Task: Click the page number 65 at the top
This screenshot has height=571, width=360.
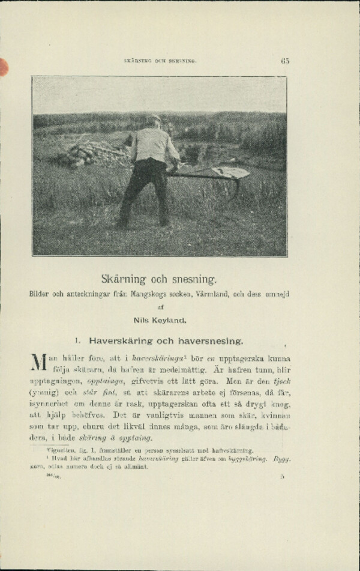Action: [x=285, y=61]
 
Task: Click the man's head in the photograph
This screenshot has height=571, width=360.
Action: [x=155, y=120]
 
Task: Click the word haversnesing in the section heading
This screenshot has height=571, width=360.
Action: [x=209, y=341]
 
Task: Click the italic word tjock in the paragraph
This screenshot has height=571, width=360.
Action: [x=280, y=381]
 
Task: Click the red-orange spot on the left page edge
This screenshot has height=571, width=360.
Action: [x=3, y=67]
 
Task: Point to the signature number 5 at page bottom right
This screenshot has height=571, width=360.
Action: [x=281, y=477]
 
